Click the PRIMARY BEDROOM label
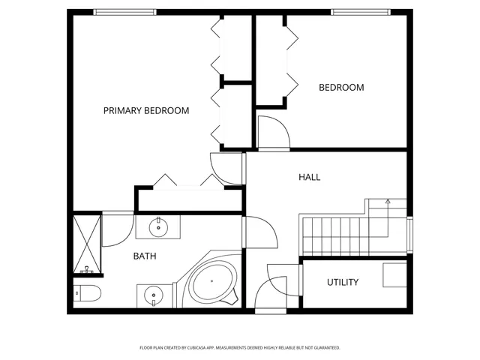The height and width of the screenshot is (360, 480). click(x=146, y=110)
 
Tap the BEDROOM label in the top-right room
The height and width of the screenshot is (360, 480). click(x=341, y=88)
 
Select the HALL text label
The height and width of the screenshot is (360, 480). click(x=309, y=178)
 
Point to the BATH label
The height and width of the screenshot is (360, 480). click(x=145, y=256)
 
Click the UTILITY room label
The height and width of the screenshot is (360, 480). click(x=342, y=283)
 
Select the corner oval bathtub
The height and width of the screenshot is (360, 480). click(x=213, y=285)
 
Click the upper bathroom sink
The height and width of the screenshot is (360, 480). click(x=158, y=226)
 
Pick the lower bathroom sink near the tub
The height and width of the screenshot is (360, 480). click(x=154, y=296)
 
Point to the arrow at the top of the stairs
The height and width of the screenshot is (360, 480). click(x=387, y=202)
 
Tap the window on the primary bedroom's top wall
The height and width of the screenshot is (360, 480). click(x=125, y=12)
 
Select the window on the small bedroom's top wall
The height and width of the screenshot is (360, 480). click(x=361, y=12)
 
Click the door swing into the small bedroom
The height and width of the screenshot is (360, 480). click(x=271, y=132)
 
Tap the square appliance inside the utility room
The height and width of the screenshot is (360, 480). click(x=395, y=275)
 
